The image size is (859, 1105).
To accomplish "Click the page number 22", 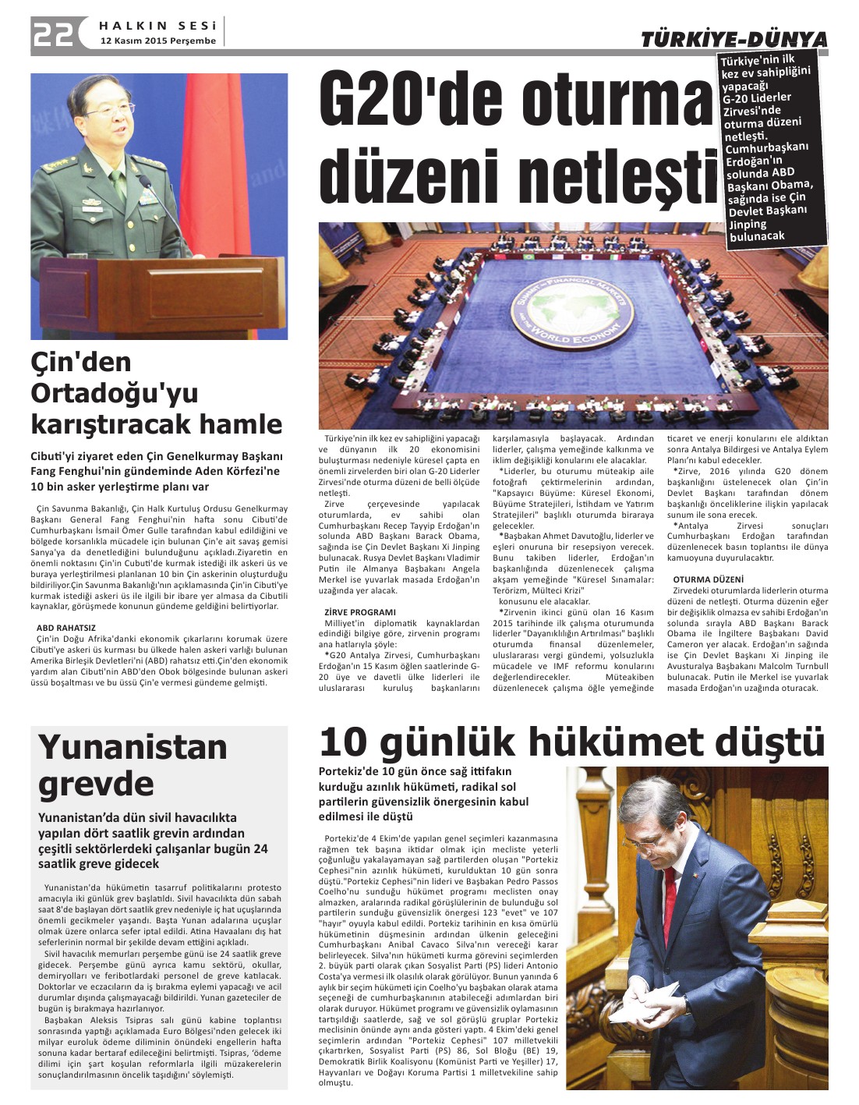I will click(53, 34).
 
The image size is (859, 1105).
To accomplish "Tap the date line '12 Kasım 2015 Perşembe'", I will click(157, 41).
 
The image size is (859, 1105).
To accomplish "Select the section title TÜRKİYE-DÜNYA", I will click(734, 39).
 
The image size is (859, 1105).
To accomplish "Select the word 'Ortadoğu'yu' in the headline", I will click(115, 392).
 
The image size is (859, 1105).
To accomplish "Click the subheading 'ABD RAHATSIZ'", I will click(66, 627).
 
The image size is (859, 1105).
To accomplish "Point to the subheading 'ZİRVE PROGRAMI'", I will click(360, 612).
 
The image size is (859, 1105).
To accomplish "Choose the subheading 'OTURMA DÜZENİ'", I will click(709, 579).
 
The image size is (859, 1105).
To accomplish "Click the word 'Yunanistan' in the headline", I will click(133, 747).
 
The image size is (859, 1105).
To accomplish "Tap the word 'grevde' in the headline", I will click(96, 784).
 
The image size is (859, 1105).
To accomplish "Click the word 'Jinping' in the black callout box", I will click(748, 224).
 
